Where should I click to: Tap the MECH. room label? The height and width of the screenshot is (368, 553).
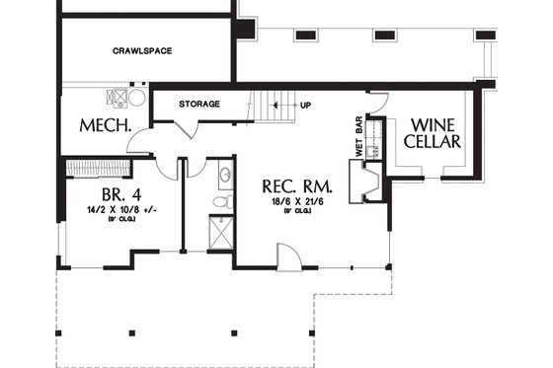coord(101,127)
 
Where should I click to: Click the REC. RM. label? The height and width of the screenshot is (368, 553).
coord(296,185)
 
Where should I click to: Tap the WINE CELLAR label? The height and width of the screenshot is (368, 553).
coord(434,134)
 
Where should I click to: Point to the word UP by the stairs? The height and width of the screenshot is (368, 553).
coord(305,104)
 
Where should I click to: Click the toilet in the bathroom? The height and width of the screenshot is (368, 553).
coord(223,201)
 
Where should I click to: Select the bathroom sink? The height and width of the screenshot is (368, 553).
coord(224,176)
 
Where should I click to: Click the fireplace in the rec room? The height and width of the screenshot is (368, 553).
coord(371,184)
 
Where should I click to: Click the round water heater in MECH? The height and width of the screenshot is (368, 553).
coord(136,98)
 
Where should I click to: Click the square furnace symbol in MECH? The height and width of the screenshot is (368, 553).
coord(117,98)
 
